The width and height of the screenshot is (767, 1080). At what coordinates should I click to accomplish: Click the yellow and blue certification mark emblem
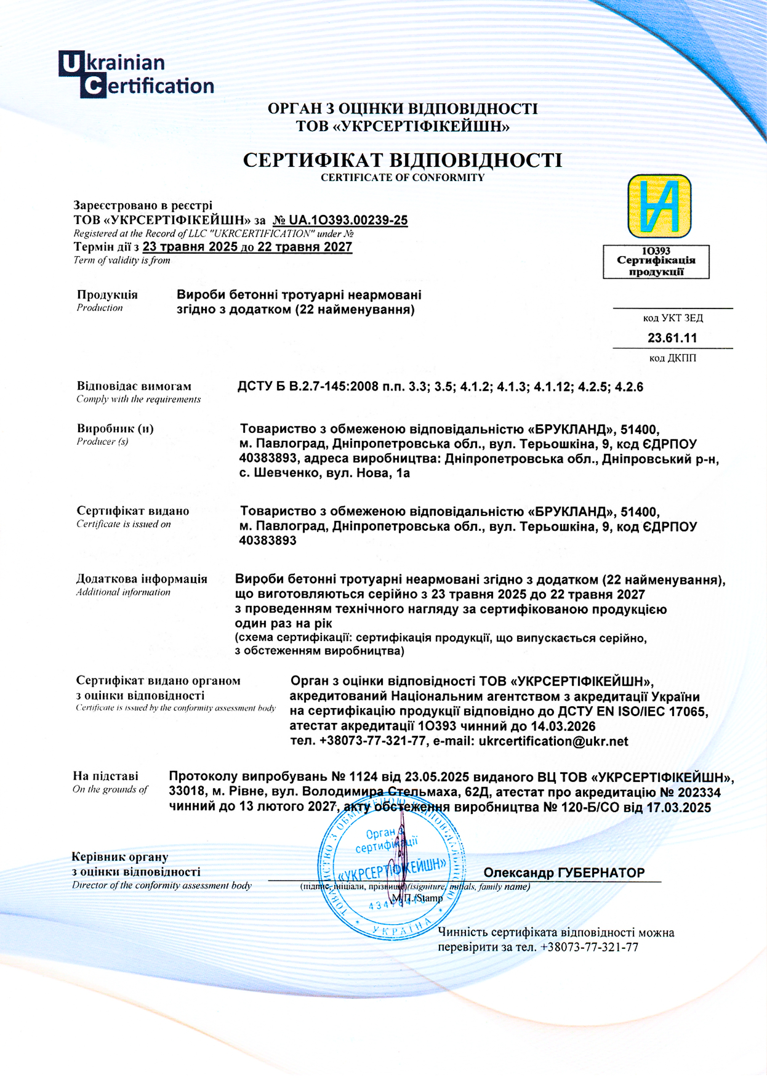point(659,206)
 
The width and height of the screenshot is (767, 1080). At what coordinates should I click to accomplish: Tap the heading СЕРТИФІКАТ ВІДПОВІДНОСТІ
point(403,161)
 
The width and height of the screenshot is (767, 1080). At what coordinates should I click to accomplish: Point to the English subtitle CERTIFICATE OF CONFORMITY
point(403,178)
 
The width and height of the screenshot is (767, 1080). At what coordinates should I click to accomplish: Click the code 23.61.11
point(672,338)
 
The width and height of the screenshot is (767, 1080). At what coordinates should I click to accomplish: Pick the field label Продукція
point(107,295)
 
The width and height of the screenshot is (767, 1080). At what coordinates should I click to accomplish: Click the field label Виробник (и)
point(115,429)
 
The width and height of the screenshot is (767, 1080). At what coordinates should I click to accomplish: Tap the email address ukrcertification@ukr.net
point(553,741)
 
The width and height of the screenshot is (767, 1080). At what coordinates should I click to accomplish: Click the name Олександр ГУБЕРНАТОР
point(564,873)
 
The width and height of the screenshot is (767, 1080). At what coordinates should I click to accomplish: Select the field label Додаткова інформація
point(142,579)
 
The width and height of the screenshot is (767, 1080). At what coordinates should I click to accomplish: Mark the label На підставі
point(105,776)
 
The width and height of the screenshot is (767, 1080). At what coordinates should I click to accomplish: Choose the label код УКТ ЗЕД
point(673,318)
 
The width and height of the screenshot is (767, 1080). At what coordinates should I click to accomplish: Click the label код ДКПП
point(672,358)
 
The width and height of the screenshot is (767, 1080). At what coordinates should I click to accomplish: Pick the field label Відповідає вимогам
point(134,387)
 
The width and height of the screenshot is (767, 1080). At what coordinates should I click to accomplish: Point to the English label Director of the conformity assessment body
point(162,885)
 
